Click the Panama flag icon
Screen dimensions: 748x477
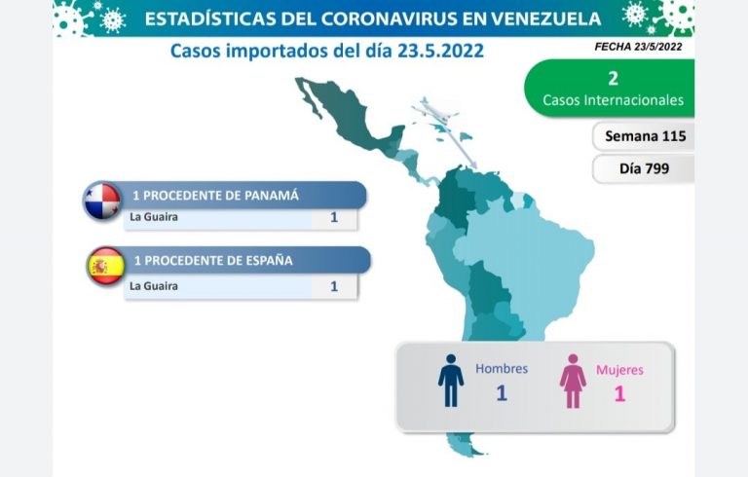(x=101, y=201)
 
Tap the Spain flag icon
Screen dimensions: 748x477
(x=106, y=266)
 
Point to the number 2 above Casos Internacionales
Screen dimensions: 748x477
(x=613, y=79)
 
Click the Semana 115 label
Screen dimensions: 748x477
(x=646, y=136)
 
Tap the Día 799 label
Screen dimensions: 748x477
(x=645, y=168)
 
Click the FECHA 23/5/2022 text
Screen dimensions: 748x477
(x=638, y=47)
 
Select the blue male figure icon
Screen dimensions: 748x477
(x=451, y=381)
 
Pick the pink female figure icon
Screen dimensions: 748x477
(x=573, y=382)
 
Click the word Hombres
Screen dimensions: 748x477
(x=502, y=369)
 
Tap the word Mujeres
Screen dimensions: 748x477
(x=619, y=370)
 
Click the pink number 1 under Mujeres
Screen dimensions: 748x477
(x=619, y=394)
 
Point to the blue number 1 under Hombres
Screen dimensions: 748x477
(x=502, y=393)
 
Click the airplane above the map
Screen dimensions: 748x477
(x=434, y=111)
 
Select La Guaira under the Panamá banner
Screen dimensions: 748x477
(x=154, y=217)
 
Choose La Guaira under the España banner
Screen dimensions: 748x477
(x=154, y=286)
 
